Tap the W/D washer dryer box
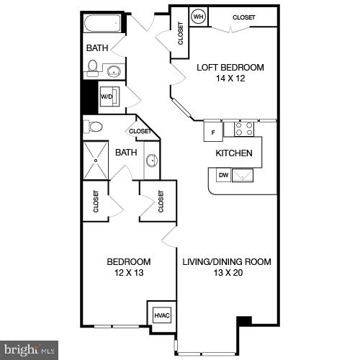coord(107,96)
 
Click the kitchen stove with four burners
coord(244,129)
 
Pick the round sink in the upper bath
coord(114,71)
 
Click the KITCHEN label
coord(234,153)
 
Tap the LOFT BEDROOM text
coord(230,68)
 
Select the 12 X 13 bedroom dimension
coord(129,273)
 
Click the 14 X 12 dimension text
coord(230,79)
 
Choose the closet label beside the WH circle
coord(243,17)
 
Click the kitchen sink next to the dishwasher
coord(243,175)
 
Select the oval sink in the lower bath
coord(151,160)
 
